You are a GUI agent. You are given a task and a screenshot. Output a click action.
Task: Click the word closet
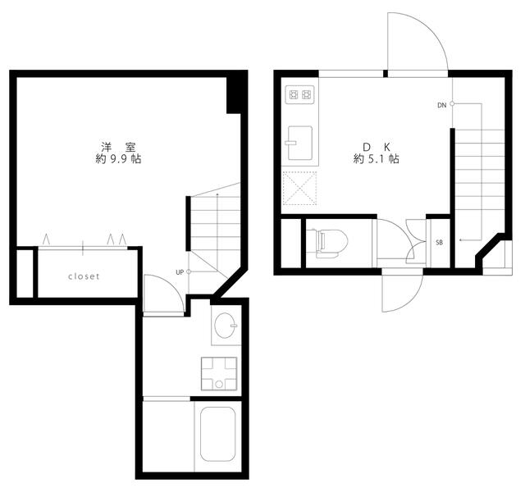click(x=84, y=276)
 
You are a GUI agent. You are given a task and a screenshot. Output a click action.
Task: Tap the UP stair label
click(x=180, y=272)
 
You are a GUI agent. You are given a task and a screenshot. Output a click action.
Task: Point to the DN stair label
click(x=442, y=105)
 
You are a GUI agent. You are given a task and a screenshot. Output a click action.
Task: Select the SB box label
click(x=440, y=243)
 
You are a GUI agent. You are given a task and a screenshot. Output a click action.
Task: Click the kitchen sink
click(x=300, y=143)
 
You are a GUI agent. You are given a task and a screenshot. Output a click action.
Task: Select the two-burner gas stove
click(x=300, y=94)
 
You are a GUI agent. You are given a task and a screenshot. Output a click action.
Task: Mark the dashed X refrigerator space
click(x=300, y=188)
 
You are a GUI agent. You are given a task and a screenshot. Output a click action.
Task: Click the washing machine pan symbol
click(x=219, y=374)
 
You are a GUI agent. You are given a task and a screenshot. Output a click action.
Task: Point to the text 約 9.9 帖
click(x=118, y=158)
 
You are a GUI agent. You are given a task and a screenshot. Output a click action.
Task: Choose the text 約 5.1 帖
click(x=376, y=158)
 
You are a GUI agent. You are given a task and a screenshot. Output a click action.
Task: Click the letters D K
click(x=377, y=147)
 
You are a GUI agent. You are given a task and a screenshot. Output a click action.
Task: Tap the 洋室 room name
click(x=118, y=147)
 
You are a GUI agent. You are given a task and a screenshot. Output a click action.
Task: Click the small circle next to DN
click(x=452, y=104)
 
